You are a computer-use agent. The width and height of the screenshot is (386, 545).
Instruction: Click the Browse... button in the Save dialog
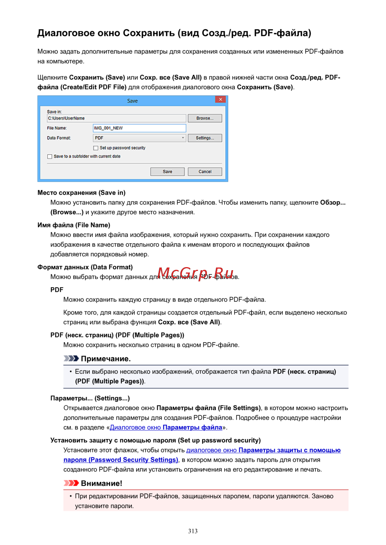[x=205, y=118]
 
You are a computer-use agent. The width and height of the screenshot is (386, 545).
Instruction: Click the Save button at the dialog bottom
[x=167, y=172]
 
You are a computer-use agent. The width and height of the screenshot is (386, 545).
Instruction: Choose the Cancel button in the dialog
[x=205, y=172]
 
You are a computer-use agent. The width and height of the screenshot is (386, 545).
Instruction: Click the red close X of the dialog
[x=220, y=99]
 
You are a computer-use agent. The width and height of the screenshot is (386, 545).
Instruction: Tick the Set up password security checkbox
[x=96, y=148]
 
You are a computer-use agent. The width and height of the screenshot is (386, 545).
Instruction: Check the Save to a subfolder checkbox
[x=50, y=156]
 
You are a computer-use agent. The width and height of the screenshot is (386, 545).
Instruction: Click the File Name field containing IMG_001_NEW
[x=139, y=128]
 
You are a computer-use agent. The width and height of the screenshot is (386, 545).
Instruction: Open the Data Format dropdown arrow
[x=183, y=138]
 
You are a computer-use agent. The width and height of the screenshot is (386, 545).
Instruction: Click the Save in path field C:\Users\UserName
[x=116, y=118]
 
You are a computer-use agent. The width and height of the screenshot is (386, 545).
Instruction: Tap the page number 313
[x=193, y=531]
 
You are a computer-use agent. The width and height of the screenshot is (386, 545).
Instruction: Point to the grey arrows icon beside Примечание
[x=71, y=358]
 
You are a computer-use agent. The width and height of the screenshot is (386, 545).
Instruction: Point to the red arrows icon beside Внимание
[x=71, y=483]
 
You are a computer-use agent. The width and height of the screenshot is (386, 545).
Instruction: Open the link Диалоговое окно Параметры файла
[x=166, y=427]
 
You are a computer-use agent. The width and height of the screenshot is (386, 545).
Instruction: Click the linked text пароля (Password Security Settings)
[x=121, y=460]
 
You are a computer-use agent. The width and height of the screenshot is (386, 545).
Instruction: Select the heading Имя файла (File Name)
[x=74, y=225]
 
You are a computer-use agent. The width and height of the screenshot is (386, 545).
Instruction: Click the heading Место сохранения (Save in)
[x=81, y=193]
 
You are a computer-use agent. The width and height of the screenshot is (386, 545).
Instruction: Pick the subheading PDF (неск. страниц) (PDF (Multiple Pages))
[x=117, y=335]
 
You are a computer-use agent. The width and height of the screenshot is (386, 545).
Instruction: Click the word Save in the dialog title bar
[x=132, y=101]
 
